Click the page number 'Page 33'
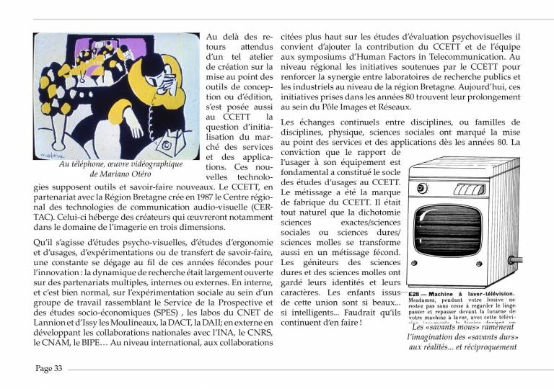tap(49, 368)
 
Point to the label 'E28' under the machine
tap(414, 294)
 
